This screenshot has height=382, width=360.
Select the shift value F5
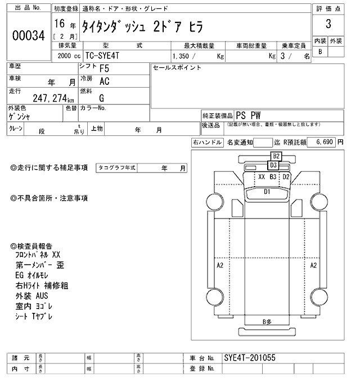click(104, 70)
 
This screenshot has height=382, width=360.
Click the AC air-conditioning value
click(104, 82)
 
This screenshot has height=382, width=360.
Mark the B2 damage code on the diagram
click(276, 156)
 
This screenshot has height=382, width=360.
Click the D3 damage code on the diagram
click(273, 165)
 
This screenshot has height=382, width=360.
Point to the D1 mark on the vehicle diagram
click(267, 192)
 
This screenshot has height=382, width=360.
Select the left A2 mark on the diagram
click(220, 265)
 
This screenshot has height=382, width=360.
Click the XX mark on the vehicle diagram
click(261, 176)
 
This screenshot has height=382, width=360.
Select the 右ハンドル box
click(207, 143)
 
